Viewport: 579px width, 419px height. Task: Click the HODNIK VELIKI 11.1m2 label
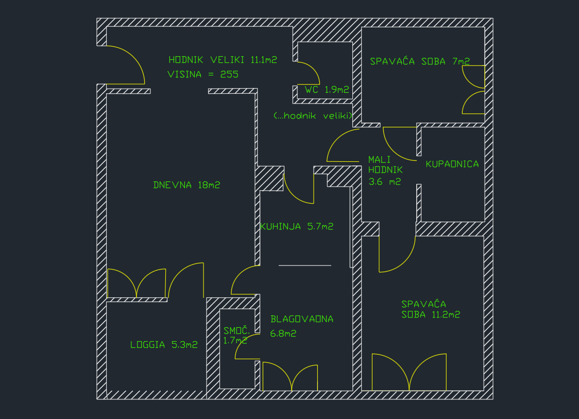223,60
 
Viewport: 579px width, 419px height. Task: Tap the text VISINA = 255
203,74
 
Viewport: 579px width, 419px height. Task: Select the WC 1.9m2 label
327,90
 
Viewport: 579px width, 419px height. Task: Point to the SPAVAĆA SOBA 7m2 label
420,61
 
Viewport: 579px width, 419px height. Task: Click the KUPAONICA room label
452,164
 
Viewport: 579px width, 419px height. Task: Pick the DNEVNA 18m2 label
186,185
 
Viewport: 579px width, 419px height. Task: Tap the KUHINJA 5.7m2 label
297,226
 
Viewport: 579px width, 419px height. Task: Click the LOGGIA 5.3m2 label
164,345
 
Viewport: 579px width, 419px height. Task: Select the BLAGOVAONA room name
302,319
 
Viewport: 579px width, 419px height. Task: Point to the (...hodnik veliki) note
313,116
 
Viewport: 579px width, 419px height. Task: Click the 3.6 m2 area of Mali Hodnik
384,182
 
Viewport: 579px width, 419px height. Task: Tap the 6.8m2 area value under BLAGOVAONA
283,333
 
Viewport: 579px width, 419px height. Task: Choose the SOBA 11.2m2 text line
431,314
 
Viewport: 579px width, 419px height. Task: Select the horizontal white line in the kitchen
304,265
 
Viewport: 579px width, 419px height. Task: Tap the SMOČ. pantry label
236,330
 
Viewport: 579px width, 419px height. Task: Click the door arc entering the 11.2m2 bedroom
405,263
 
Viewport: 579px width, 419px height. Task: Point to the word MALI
379,160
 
